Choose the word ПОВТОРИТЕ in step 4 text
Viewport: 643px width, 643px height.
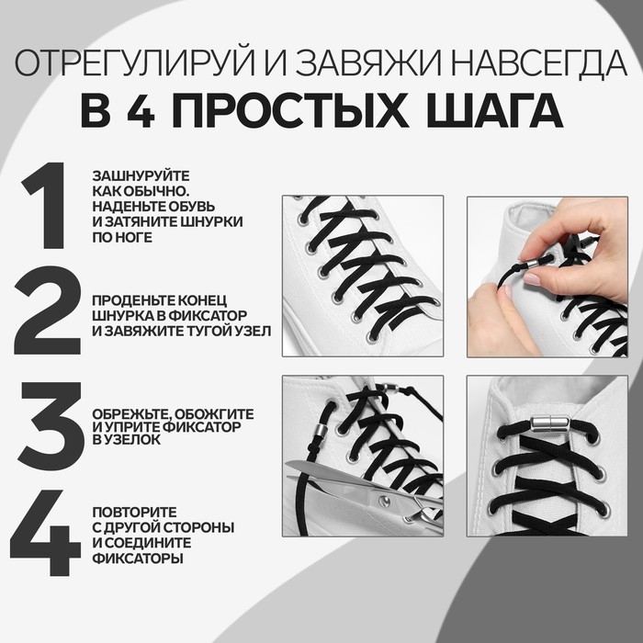click(x=133, y=512)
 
